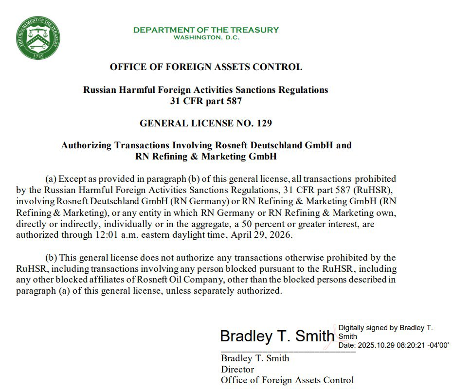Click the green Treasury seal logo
[38, 37]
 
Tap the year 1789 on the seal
[38, 55]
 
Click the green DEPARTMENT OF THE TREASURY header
[206, 30]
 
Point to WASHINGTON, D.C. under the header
[206, 38]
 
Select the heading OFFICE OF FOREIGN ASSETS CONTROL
[206, 67]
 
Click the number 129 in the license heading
[264, 124]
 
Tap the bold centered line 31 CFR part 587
[206, 101]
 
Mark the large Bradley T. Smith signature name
[277, 336]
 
